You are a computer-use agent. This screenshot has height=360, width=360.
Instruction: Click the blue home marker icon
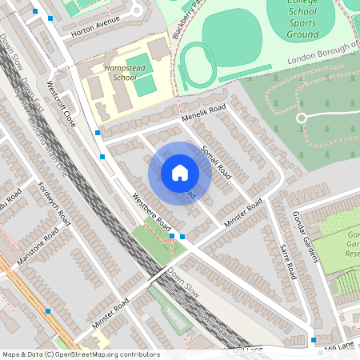(180, 173)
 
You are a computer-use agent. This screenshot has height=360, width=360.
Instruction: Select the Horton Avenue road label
(94, 25)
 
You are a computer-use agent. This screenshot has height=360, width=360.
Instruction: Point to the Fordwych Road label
(54, 204)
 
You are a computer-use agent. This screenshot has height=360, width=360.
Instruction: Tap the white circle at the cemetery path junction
(302, 118)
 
